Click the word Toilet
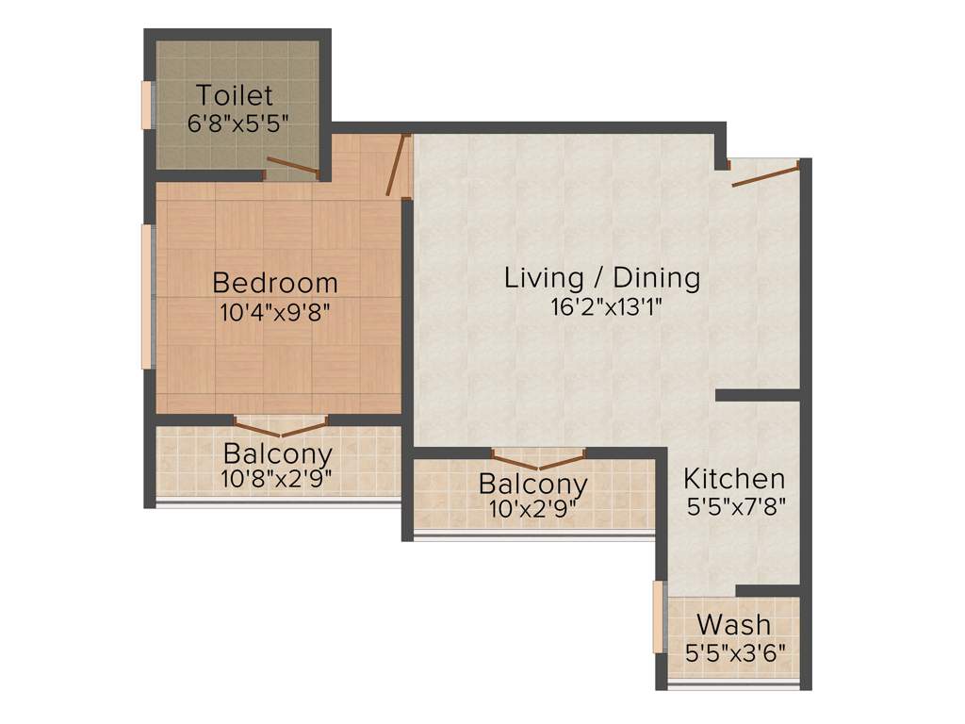[235, 95]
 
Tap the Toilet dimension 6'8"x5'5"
[237, 123]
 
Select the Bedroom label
[274, 282]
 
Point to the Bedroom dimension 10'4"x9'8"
[274, 311]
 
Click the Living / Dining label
[602, 277]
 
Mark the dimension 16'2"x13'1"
[602, 306]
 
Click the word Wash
[733, 624]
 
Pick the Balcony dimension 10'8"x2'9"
[277, 478]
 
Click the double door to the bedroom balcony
[279, 421]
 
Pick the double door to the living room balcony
[538, 460]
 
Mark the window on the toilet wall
[147, 104]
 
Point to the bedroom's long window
[147, 296]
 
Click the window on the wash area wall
[658, 617]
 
